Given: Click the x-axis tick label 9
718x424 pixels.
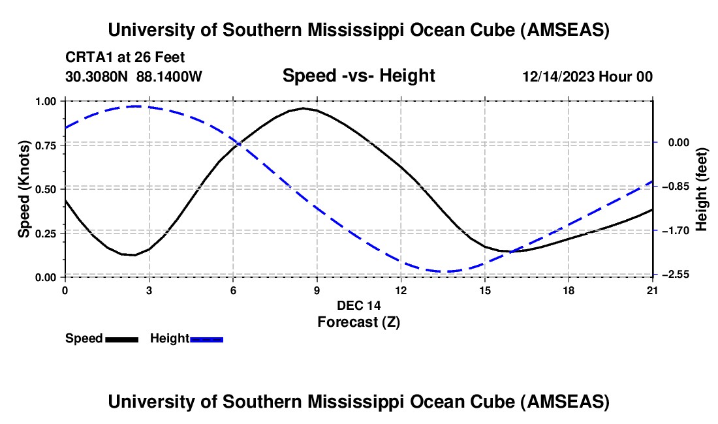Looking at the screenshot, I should tap(317, 290).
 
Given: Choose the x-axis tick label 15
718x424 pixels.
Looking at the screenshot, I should tap(485, 290).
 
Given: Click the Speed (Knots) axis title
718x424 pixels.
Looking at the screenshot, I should tap(24, 189).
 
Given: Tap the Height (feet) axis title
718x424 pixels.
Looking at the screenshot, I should tap(702, 189).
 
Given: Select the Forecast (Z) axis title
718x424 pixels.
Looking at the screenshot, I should tap(358, 322).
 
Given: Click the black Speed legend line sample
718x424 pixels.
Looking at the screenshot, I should tap(122, 339).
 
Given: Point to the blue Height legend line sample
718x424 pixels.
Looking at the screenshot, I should tap(207, 339).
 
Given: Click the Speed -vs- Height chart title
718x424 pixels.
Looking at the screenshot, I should tap(358, 76).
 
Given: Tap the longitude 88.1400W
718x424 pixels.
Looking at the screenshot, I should tap(169, 77).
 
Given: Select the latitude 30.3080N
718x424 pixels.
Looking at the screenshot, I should tap(98, 77).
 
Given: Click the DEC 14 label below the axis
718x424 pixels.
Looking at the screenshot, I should tap(358, 305).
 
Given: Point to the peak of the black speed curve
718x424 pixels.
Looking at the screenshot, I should tap(303, 108).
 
